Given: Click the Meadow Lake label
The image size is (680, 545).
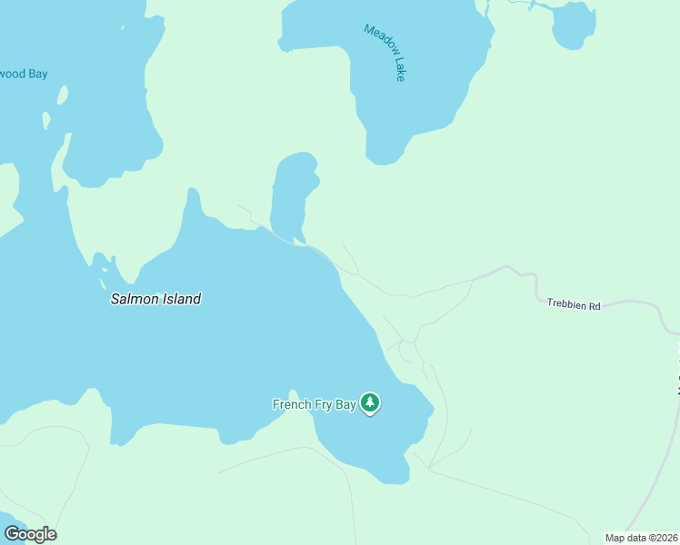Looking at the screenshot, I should click(x=385, y=52).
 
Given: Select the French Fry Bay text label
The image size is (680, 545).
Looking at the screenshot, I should click(x=315, y=404).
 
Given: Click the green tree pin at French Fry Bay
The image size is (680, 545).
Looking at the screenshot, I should click(x=369, y=402).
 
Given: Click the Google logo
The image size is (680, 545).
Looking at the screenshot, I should click(x=30, y=534).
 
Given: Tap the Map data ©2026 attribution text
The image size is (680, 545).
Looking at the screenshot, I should click(x=642, y=538).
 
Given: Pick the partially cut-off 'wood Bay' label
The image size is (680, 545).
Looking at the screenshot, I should click(x=24, y=74).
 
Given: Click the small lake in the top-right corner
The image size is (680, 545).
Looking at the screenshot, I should click(x=574, y=25).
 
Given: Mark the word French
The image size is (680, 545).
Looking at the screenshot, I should click(x=293, y=404).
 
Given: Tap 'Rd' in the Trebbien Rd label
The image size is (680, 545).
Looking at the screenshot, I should click(x=595, y=307).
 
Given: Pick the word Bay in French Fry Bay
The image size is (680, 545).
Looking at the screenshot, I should click(x=345, y=404).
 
